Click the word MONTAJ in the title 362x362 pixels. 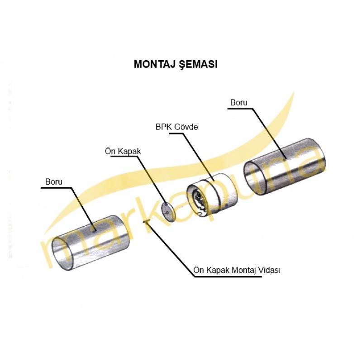click(154, 64)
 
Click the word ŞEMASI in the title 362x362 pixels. click(198, 65)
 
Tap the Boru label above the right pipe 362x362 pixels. click(239, 103)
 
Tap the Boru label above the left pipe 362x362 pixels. click(54, 182)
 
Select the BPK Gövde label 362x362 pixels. click(176, 127)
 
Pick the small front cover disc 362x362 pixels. click(168, 212)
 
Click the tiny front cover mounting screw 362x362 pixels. click(146, 222)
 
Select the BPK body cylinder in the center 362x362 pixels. click(212, 195)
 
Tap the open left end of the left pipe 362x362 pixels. click(63, 253)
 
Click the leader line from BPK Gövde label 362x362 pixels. click(191, 157)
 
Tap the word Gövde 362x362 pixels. click(186, 127)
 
